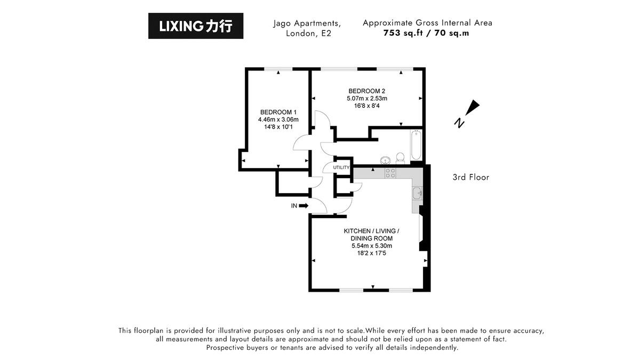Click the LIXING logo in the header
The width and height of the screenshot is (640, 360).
(x=196, y=26)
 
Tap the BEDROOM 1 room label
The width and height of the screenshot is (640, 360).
(x=278, y=112)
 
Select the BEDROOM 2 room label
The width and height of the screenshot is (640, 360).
(x=366, y=91)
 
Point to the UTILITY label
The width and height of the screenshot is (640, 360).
(x=341, y=167)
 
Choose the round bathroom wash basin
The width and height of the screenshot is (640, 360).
(x=385, y=159)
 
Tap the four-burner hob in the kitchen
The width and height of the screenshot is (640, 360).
(x=390, y=173)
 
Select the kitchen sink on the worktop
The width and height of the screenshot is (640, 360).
(x=417, y=193)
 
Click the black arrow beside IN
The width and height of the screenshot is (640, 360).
(x=303, y=205)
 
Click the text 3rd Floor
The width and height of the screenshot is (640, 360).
(x=470, y=177)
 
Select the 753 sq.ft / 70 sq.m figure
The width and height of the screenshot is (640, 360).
(x=427, y=33)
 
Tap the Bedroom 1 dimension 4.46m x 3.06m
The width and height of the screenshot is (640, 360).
(x=278, y=119)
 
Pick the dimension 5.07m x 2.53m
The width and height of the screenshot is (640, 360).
(x=366, y=98)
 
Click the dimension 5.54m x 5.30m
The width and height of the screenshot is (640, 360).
(x=371, y=246)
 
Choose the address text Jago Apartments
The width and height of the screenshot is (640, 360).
(x=307, y=23)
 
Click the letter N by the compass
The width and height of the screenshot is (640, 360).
(x=458, y=123)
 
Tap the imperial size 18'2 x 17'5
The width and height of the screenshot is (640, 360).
(x=371, y=253)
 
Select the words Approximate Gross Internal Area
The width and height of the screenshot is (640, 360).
(x=427, y=22)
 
